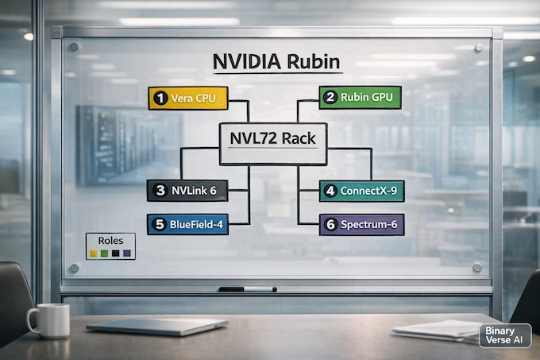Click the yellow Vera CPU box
click(187, 99)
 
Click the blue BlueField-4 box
click(187, 225)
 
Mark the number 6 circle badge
click(330, 225)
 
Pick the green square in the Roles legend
click(105, 252)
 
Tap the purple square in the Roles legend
click(126, 252)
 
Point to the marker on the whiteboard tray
click(247, 288)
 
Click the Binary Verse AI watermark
click(504, 335)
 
